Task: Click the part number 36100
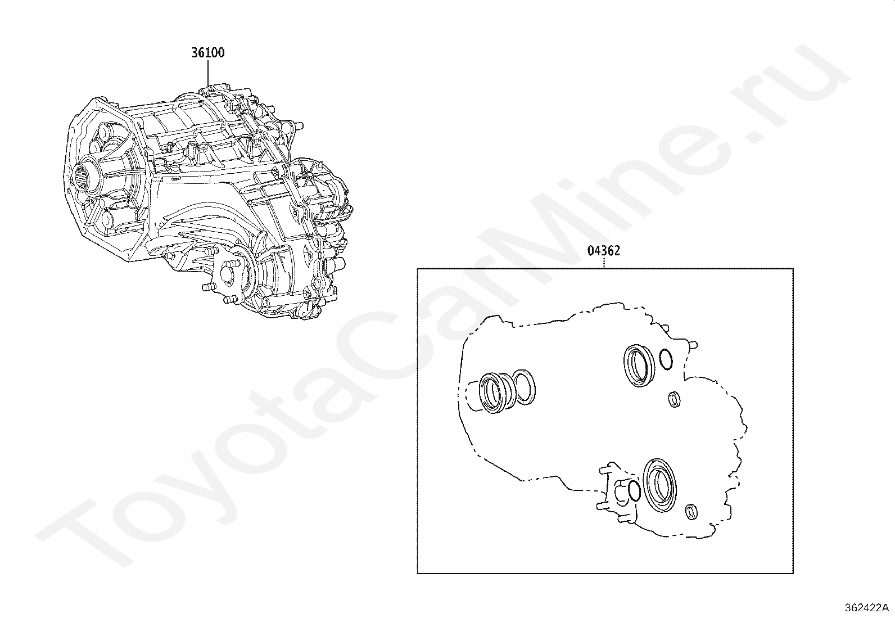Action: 208,52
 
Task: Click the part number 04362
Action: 603,251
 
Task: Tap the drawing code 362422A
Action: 866,607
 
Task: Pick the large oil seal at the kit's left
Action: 495,393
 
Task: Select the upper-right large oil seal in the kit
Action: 639,366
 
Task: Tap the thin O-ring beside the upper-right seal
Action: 666,360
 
